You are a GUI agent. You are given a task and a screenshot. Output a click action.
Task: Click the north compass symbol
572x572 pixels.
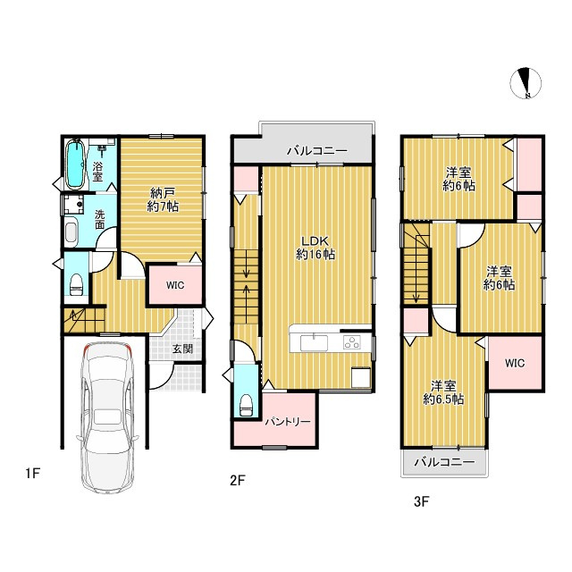pos(526,83)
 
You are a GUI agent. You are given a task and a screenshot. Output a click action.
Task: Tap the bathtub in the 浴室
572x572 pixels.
pos(76,164)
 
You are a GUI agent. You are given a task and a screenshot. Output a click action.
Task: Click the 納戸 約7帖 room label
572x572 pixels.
pos(163,199)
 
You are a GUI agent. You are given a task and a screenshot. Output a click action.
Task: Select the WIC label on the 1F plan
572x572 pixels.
pos(175,285)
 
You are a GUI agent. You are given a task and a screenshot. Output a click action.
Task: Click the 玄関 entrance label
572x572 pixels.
pos(182,349)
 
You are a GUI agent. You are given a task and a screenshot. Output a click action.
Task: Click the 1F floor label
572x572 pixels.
pos(32,473)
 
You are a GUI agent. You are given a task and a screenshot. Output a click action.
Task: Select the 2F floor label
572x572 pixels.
pos(237,480)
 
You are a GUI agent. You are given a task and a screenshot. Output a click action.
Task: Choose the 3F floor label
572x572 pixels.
pos(421,501)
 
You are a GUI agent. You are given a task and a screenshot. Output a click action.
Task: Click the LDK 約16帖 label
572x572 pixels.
pos(315,248)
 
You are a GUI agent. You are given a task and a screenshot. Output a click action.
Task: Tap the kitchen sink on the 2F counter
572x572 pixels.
pos(314,343)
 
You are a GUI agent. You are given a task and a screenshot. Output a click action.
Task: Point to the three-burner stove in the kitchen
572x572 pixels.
pos(351,342)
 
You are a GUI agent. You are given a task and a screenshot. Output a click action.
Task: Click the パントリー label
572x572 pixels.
pos(288,422)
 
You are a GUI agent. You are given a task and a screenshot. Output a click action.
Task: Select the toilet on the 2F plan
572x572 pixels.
pos(246,405)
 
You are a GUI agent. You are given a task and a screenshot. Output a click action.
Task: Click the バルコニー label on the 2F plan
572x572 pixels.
pos(317,151)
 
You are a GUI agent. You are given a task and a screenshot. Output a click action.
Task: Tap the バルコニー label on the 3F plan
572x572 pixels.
pos(445,462)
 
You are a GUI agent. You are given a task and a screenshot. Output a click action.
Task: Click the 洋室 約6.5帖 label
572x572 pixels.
pos(443,392)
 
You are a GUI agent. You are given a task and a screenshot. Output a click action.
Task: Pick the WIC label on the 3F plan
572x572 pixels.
pos(515,363)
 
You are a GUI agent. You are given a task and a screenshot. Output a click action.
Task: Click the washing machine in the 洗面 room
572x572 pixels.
pos(73,205)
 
